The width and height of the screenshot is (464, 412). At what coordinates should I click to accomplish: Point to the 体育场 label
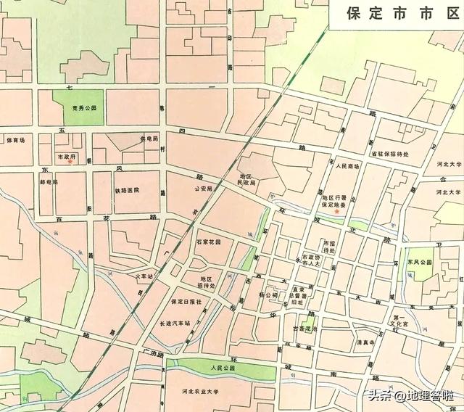(x=15, y=140)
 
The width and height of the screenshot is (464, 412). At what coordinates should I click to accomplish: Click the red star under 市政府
(x=70, y=162)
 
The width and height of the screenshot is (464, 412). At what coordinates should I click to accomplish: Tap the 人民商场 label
(x=347, y=166)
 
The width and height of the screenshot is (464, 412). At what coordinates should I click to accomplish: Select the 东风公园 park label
(x=420, y=263)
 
